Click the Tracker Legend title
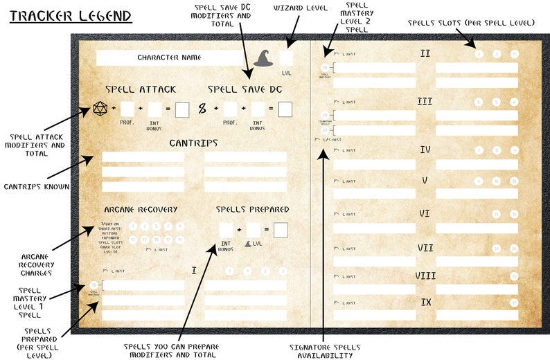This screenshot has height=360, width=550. [71, 15]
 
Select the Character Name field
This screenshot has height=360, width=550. [169, 57]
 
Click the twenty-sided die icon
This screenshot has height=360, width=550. [101, 109]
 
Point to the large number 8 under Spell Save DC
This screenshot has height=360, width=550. [202, 109]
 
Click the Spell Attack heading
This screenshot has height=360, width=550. [141, 89]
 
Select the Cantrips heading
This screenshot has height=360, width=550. [193, 143]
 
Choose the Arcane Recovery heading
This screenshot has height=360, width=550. [141, 209]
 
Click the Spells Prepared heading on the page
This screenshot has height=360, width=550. [252, 209]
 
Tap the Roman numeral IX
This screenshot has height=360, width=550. [425, 303]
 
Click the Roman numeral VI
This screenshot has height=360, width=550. [425, 213]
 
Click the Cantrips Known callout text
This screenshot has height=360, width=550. [36, 186]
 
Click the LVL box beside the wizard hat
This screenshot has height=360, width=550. [286, 58]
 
